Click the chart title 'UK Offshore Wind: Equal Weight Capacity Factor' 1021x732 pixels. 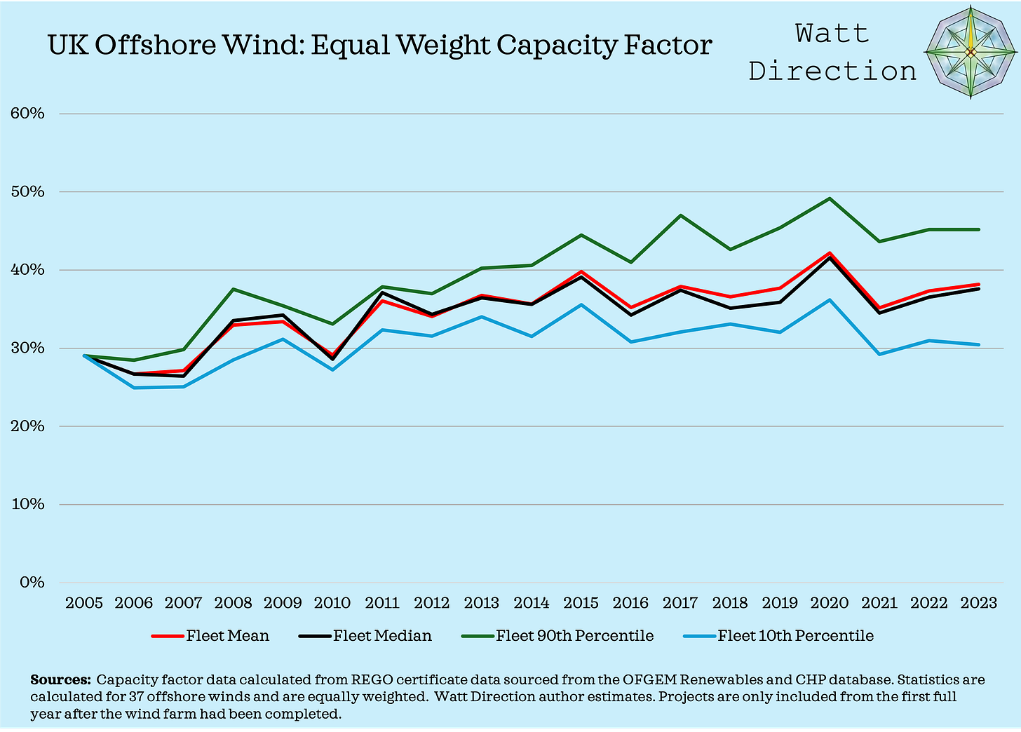(x=379, y=46)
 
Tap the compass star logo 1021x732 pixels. (x=971, y=53)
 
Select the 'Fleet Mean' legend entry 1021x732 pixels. (x=210, y=636)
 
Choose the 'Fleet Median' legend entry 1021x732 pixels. (x=365, y=636)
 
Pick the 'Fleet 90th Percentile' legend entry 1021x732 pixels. (x=557, y=636)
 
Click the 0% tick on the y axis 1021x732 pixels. (x=32, y=583)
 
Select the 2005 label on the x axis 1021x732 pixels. (x=84, y=603)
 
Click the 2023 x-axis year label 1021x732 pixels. (x=978, y=603)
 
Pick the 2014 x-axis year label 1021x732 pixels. (x=532, y=603)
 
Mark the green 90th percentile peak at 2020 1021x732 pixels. (x=830, y=198)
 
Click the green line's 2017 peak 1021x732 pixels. (x=680, y=215)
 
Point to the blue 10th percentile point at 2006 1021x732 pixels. (x=134, y=388)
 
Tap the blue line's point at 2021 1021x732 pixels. (x=879, y=354)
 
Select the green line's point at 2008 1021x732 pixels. (x=233, y=289)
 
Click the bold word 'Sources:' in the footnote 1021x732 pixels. (x=60, y=679)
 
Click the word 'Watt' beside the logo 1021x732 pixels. (x=832, y=33)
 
